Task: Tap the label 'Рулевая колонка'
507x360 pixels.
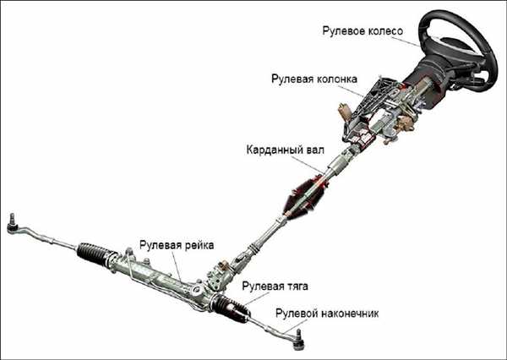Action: pos(315,79)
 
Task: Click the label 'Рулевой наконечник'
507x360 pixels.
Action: pos(328,314)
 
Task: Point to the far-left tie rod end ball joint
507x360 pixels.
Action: pos(14,223)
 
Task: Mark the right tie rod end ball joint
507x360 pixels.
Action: pos(297,340)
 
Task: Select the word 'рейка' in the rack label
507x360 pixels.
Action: pos(199,245)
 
